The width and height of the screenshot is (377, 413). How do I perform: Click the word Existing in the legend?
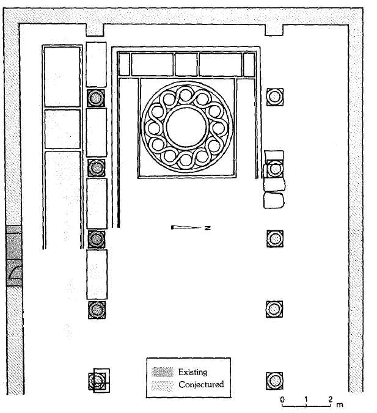point(192,372)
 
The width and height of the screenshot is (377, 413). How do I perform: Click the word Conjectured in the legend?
point(201,384)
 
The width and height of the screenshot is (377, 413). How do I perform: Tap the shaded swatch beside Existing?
point(163,372)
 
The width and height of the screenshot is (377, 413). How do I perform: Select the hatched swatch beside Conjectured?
point(163,386)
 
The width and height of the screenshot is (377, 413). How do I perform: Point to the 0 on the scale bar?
point(282,400)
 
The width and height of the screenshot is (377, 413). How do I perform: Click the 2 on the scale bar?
point(331,400)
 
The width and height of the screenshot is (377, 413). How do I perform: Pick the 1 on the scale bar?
point(306,400)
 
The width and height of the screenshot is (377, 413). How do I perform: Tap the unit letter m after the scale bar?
point(340,404)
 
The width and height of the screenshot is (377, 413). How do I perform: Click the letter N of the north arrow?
point(208,228)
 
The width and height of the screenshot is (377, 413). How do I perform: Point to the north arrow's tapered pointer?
point(186,227)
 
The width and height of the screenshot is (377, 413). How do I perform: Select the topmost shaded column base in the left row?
point(96,98)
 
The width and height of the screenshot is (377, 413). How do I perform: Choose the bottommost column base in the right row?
point(274,381)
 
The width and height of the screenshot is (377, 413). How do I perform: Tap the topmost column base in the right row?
point(275,97)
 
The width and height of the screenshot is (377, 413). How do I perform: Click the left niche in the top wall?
point(95,30)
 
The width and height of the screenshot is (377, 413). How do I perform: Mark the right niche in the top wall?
point(274,30)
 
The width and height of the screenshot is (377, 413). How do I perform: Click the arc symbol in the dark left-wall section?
point(15,272)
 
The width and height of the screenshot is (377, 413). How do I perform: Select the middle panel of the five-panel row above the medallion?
point(186,65)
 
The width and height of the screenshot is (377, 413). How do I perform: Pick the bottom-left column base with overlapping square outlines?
point(99,381)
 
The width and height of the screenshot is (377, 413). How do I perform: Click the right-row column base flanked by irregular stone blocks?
point(274,169)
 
